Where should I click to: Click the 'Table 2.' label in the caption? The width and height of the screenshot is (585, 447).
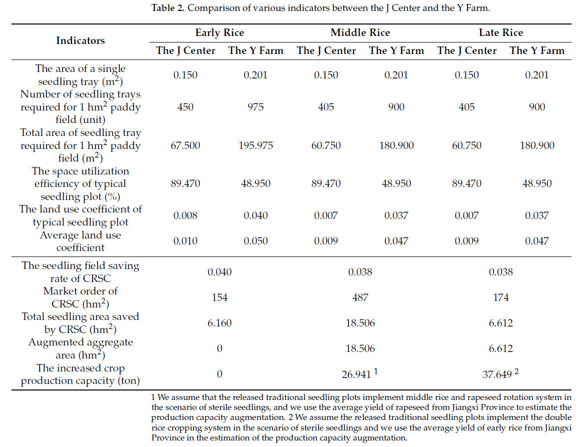[167, 8]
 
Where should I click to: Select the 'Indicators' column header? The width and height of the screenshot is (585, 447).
[80, 40]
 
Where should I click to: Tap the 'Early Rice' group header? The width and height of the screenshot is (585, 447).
[219, 32]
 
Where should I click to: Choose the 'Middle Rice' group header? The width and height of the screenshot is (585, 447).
[360, 32]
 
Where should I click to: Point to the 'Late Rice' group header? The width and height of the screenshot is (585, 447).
[500, 32]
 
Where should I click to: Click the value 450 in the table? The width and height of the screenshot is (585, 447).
[185, 107]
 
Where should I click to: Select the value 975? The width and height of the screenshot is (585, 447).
[255, 107]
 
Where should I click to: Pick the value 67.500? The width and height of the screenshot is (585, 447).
[185, 145]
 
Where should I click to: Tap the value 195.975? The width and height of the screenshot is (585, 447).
[255, 145]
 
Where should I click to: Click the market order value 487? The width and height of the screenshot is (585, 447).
[360, 297]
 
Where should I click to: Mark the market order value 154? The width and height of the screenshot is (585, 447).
[219, 297]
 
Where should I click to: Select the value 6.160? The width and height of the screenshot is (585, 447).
[219, 323]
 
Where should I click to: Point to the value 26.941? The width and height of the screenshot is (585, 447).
[357, 374]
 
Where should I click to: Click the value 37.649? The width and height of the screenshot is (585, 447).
[497, 374]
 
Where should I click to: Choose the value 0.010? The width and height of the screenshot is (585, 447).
[185, 241]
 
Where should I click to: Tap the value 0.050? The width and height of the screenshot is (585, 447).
[255, 241]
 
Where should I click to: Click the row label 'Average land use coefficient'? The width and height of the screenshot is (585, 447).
[80, 241]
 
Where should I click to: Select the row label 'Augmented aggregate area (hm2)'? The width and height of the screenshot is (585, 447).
[80, 348]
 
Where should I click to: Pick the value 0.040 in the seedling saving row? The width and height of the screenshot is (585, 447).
[219, 272]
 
